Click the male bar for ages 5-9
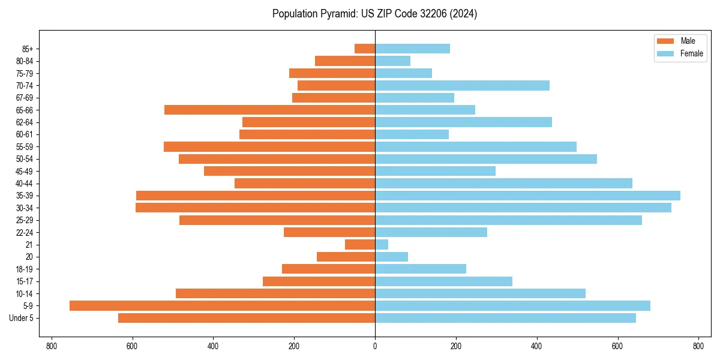point(222,306)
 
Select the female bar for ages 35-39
point(527,196)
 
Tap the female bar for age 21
point(382,245)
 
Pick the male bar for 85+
point(365,49)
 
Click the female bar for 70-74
point(462,85)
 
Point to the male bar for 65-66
point(269,110)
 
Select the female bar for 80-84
point(392,61)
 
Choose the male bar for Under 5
point(247,318)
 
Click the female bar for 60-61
point(412,134)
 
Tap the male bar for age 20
point(346,257)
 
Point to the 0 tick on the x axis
point(375,346)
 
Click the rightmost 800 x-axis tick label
point(698,346)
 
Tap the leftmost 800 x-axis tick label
point(52,346)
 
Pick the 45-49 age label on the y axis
point(25,171)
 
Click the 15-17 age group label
point(25,281)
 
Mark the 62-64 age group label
point(25,122)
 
